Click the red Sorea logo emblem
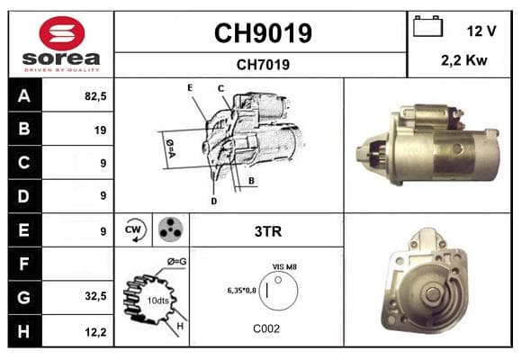pos(62,33)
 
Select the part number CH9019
pos(263,33)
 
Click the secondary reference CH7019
pos(263,65)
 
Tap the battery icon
pos(427,26)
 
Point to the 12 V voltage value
pos(481,31)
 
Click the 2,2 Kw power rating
pos(464,60)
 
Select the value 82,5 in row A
pos(95,96)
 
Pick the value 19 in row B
pos(100,130)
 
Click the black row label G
pos(24,297)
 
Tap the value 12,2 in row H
pos(95,332)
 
